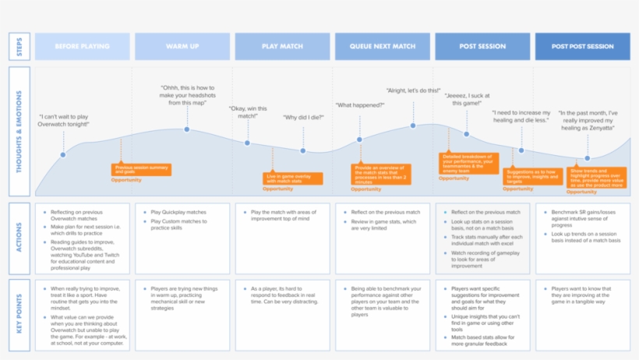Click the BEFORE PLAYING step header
click(82, 47)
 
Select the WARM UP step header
click(183, 47)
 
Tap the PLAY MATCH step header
click(283, 47)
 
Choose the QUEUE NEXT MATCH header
click(383, 47)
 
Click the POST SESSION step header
click(482, 47)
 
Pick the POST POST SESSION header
click(582, 47)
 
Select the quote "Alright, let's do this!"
click(414, 90)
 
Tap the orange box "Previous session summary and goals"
click(142, 168)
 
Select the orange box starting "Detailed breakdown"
click(468, 161)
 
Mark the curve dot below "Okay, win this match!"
click(247, 143)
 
